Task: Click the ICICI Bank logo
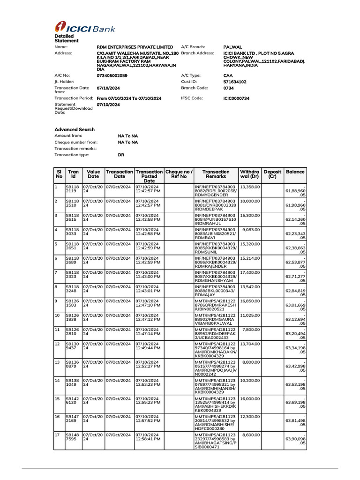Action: [x=85, y=28]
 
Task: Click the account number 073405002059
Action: [x=112, y=75]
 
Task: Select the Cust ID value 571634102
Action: [x=235, y=82]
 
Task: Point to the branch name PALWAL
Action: [x=233, y=47]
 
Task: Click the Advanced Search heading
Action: [x=75, y=129]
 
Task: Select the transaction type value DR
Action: [x=121, y=155]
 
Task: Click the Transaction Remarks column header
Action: [x=216, y=174]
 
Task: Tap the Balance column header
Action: [x=295, y=172]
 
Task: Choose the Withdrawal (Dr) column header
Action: [x=249, y=174]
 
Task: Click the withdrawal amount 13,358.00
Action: [x=249, y=186]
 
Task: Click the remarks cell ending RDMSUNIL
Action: [x=216, y=248]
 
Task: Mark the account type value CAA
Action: [x=228, y=75]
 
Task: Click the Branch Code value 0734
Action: [x=228, y=88]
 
